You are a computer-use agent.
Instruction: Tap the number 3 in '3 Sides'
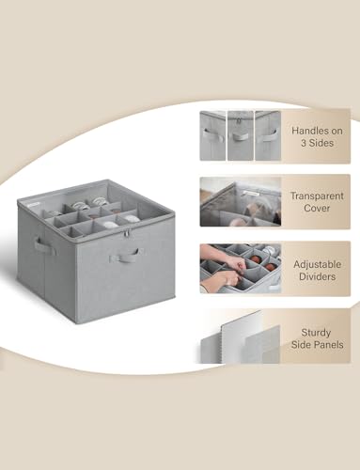304,143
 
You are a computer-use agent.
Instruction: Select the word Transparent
317,196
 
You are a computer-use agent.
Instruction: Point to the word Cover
317,209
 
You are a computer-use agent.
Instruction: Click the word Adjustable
317,264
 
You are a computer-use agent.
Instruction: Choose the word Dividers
317,276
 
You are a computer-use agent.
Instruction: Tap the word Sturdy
316,333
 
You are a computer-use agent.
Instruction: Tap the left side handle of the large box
41,245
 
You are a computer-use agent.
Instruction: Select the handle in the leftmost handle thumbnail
210,134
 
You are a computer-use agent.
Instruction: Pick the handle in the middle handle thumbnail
240,137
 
